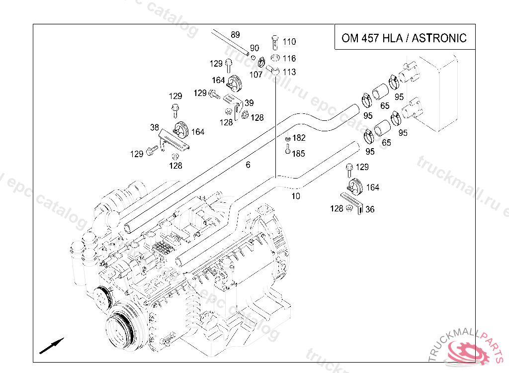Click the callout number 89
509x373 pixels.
coord(235,35)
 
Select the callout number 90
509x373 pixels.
coord(254,48)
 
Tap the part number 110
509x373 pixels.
coord(289,42)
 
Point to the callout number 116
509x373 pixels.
coord(289,59)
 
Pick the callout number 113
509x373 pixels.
coord(289,72)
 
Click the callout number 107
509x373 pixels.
coord(255,75)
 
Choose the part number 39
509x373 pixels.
coord(249,103)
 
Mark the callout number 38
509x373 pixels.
coord(155,127)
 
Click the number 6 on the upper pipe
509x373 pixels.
coord(248,165)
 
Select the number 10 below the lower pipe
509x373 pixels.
coord(296,196)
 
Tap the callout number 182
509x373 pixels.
coord(299,138)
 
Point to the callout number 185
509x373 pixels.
coord(299,154)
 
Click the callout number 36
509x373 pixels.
coord(370,209)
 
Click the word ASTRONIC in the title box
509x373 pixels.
coord(439,38)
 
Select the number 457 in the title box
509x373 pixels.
coord(369,38)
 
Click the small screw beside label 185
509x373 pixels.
coord(287,149)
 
